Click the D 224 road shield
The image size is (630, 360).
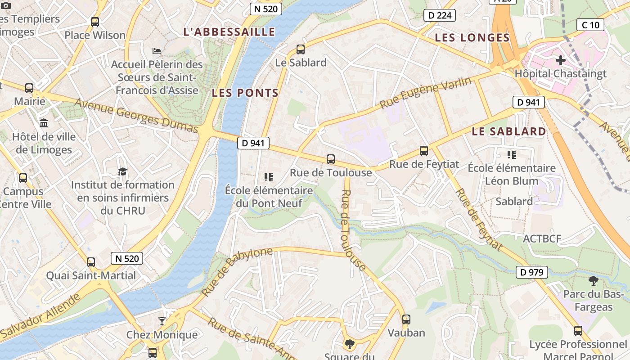pyautogui.click(x=439, y=15)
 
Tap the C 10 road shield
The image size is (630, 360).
pyautogui.click(x=590, y=25)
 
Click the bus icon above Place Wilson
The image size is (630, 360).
pyautogui.click(x=95, y=22)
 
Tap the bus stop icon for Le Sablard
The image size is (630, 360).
pyautogui.click(x=301, y=49)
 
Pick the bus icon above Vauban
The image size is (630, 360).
pyautogui.click(x=406, y=319)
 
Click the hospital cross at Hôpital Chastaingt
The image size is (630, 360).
pyautogui.click(x=561, y=60)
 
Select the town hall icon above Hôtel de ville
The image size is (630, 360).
pyautogui.click(x=44, y=123)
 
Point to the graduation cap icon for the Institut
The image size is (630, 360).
pyautogui.click(x=122, y=171)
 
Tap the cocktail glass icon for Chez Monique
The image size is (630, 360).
pyautogui.click(x=162, y=321)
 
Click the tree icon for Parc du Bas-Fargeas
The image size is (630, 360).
pyautogui.click(x=593, y=281)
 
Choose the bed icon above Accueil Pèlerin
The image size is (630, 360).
pyautogui.click(x=157, y=51)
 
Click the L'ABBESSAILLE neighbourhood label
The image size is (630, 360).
pyautogui.click(x=229, y=32)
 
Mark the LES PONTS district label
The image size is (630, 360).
pyautogui.click(x=245, y=93)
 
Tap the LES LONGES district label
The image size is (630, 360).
pyautogui.click(x=472, y=38)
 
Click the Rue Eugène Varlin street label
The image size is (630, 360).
pyautogui.click(x=426, y=93)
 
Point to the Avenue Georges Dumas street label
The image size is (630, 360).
pyautogui.click(x=136, y=116)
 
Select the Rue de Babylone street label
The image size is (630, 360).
pyautogui.click(x=237, y=271)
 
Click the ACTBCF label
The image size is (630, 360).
pyautogui.click(x=542, y=238)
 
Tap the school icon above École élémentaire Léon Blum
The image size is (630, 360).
pyautogui.click(x=511, y=155)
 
